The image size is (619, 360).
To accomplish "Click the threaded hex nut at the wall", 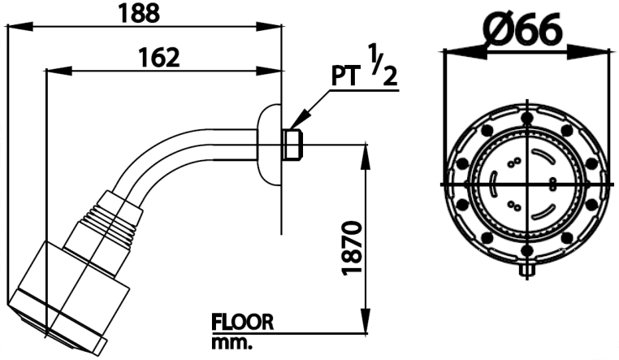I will pos(292,145).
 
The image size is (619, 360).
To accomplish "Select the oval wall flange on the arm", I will pos(268,145).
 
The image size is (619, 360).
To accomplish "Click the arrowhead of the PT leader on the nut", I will pos(297,123).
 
